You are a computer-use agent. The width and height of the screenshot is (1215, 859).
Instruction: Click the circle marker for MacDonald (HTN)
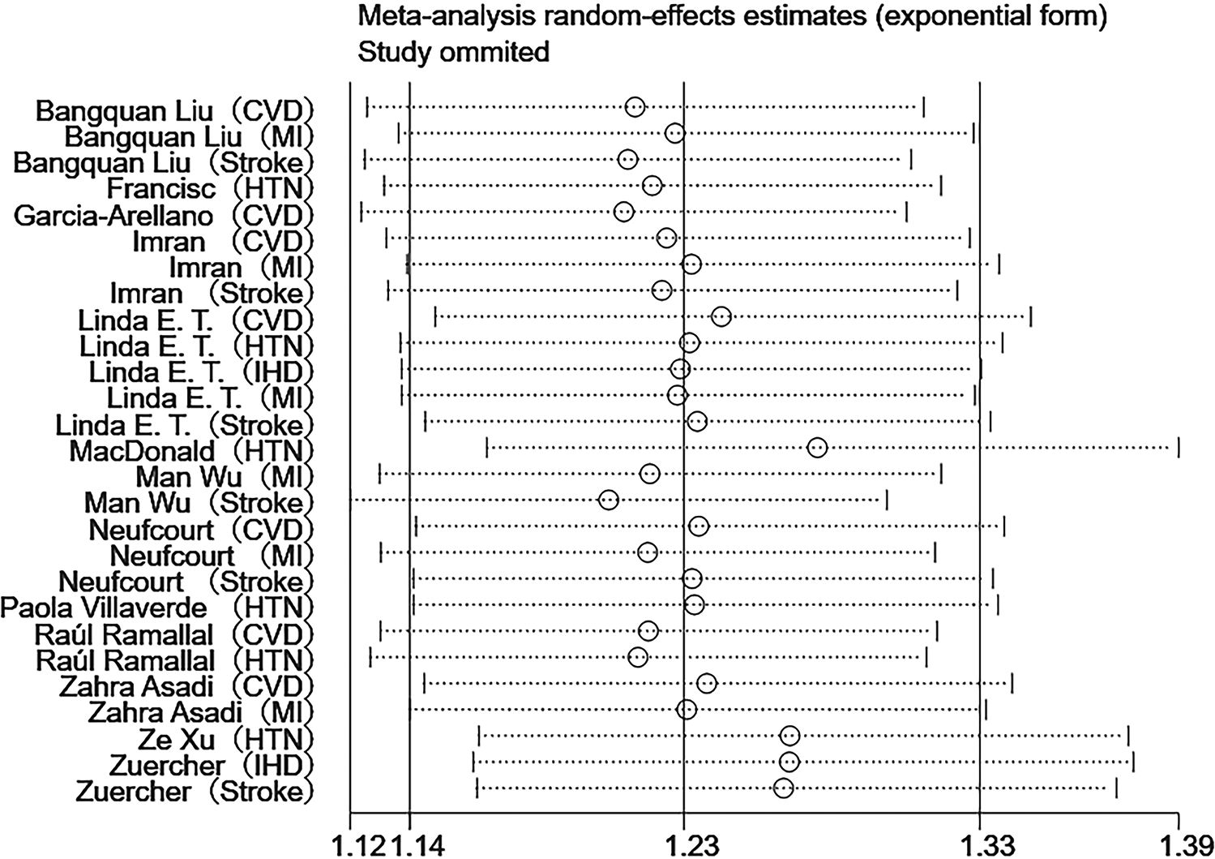[817, 448]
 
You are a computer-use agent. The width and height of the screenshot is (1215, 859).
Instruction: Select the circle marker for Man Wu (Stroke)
[609, 500]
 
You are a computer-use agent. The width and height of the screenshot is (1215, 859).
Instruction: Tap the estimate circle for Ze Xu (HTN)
[790, 736]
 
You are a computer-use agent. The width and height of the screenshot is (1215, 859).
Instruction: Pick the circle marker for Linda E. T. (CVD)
[721, 316]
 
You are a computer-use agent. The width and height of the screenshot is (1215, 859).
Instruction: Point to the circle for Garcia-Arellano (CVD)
[623, 212]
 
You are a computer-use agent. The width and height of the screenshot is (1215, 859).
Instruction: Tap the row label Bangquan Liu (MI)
[189, 135]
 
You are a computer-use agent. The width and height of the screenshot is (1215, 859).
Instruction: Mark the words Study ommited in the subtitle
[454, 53]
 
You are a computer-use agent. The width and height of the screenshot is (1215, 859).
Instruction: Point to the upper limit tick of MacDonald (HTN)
[1179, 448]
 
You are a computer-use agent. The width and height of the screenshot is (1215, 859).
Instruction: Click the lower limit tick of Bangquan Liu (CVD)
[367, 107]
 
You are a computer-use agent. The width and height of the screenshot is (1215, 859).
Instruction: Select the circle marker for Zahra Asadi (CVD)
[707, 684]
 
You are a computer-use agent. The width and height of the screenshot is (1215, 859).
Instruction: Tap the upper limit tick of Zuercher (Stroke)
[1116, 788]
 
